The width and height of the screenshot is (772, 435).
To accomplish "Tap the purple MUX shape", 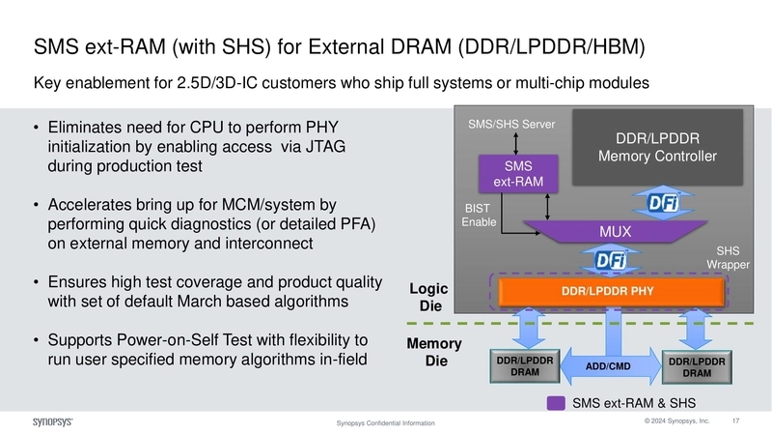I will coord(608,232).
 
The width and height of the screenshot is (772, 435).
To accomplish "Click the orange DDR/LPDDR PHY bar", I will coord(609,291).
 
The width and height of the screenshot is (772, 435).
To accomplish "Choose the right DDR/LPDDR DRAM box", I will coord(697,366).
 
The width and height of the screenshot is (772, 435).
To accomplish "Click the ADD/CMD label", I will coord(608,367).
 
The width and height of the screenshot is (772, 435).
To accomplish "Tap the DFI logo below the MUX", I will coord(608,258).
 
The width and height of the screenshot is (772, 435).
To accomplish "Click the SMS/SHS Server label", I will coord(511,125).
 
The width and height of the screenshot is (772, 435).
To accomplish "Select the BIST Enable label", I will coord(479,215).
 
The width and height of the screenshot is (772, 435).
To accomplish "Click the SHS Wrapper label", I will coord(722,257).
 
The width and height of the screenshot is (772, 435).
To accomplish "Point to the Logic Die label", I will coord(428,297).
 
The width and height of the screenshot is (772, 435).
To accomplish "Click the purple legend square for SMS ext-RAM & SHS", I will coord(556,403).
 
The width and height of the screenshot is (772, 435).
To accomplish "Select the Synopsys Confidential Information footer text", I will coord(385,423).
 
